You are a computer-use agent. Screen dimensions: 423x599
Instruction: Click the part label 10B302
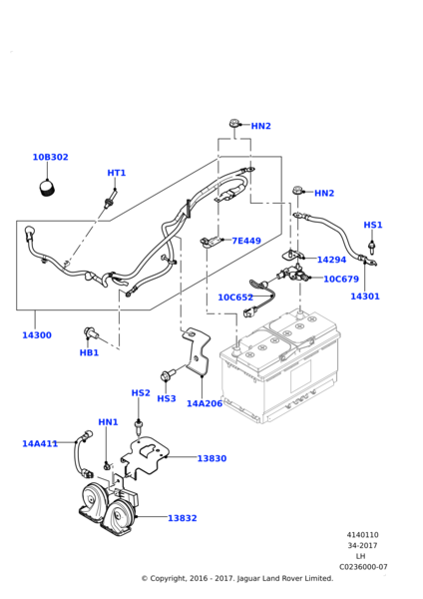[x=51, y=157]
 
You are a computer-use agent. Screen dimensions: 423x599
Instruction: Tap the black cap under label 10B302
[x=48, y=189]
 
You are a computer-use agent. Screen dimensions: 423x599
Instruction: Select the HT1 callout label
[x=117, y=173]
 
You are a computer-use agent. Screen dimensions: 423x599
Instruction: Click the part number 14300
[x=37, y=335]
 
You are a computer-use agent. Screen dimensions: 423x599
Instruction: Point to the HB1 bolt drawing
[x=91, y=333]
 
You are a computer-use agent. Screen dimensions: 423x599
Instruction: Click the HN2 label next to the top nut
[x=261, y=126]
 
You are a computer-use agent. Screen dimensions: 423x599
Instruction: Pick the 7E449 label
[x=246, y=241]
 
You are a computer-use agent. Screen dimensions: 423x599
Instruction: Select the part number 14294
[x=332, y=260]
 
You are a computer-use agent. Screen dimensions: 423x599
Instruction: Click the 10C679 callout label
[x=341, y=280]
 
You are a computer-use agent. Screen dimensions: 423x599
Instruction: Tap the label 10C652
[x=235, y=298]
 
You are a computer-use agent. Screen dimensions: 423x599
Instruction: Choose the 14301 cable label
[x=365, y=297]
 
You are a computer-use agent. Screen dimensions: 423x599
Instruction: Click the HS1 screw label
[x=373, y=225]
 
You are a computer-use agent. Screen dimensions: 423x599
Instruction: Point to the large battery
[x=280, y=366]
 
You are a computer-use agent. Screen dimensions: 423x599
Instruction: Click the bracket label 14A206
[x=205, y=403]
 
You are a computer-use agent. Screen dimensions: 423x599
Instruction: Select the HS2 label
[x=141, y=393]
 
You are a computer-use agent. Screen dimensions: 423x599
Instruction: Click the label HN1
[x=109, y=422]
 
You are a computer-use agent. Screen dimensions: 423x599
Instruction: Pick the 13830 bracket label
[x=211, y=458]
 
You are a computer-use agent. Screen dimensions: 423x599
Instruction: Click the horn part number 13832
[x=183, y=518]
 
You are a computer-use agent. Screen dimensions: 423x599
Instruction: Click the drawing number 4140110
[x=363, y=535]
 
